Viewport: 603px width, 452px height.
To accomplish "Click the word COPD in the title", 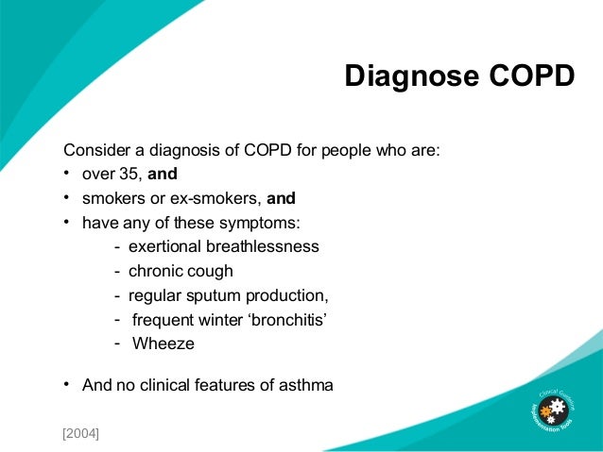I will coord(532,76).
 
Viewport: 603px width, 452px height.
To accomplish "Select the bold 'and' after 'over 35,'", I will coord(163,174).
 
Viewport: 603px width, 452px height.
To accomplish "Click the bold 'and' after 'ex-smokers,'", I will coord(282,198).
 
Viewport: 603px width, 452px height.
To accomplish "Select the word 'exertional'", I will coord(166,246).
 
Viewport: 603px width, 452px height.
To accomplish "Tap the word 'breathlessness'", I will coord(264,246).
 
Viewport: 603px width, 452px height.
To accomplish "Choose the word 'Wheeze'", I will coord(164,344).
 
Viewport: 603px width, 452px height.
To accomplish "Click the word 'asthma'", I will coord(307,385).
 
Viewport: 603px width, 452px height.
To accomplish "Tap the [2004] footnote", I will coord(81,433).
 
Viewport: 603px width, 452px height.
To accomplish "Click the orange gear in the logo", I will coord(545,412).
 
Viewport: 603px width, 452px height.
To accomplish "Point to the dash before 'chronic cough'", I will coord(117,271).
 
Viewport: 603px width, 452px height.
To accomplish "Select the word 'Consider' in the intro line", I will coord(94,150).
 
